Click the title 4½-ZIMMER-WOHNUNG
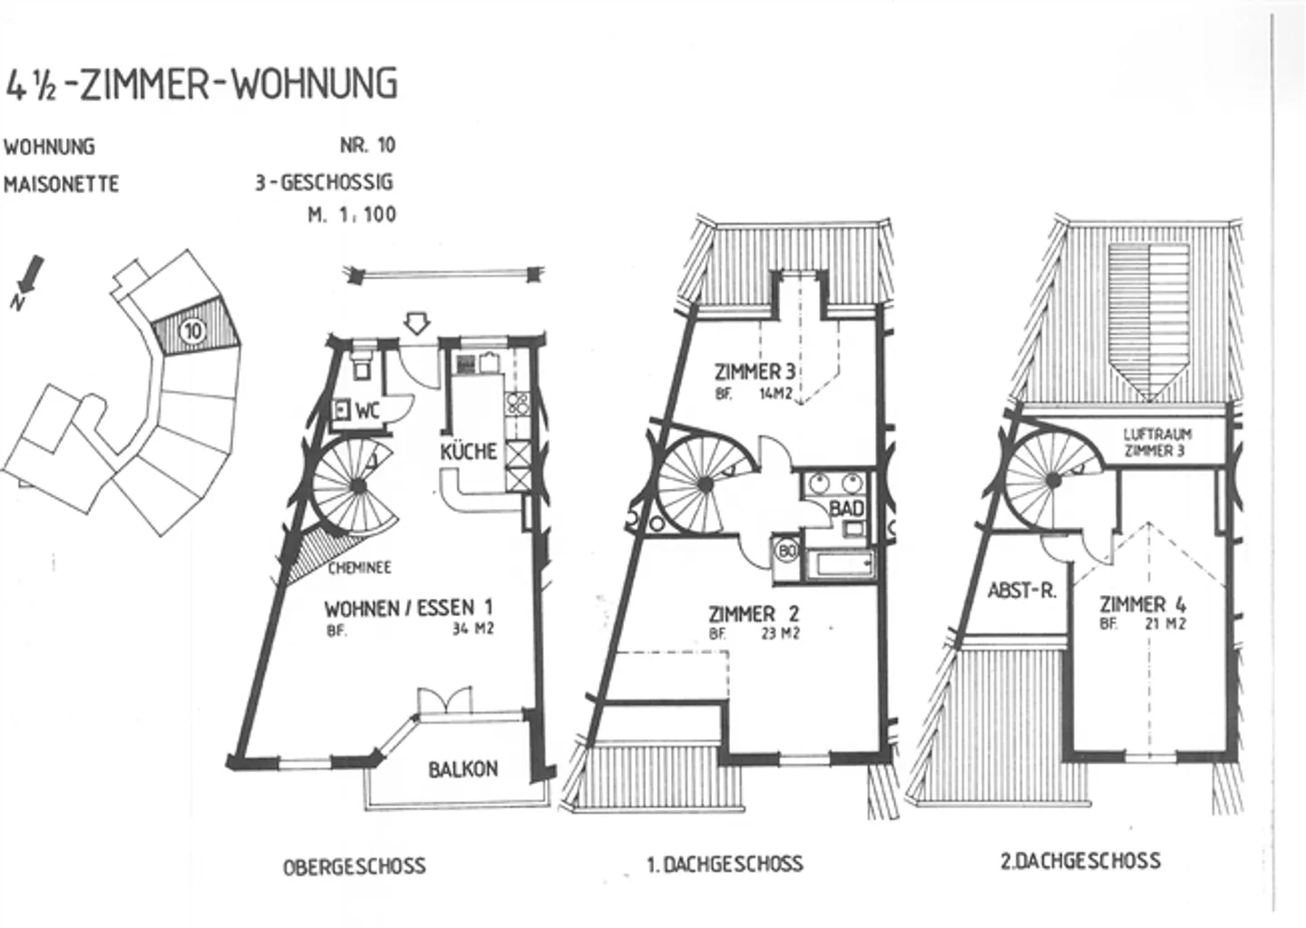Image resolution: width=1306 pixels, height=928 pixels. pos(201,83)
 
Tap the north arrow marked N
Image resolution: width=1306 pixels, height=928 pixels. pos(29,276)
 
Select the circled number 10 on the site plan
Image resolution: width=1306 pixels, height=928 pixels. pos(192,331)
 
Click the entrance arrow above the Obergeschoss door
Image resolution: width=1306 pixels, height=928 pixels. pos(416,323)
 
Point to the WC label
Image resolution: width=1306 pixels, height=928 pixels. pos(367,410)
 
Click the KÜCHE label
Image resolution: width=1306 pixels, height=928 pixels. pos(469,451)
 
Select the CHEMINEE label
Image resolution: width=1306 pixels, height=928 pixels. pos(359,568)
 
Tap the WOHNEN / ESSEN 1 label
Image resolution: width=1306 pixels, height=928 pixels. pos(408,607)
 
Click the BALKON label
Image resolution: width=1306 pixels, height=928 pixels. pos(463,769)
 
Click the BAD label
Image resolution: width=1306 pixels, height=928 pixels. pos(846,509)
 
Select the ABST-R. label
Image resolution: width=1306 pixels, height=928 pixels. pos(1021,591)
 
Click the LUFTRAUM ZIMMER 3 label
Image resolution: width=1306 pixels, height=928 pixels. pos(1157,442)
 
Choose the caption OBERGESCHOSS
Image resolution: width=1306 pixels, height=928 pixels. pos(354,866)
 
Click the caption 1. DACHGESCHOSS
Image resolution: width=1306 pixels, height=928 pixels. pos(725,864)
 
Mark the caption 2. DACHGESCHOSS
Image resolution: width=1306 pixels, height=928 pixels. pos(1080,861)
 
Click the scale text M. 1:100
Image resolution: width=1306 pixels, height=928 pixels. pos(352,216)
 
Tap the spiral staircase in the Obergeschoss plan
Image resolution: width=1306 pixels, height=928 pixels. pos(358,486)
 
